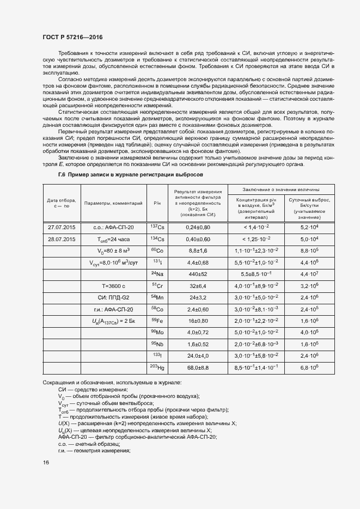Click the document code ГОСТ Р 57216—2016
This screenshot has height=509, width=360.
point(72,37)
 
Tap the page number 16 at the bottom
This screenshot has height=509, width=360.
point(46,462)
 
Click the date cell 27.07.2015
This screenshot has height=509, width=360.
point(62,227)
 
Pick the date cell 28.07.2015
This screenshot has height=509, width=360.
point(62,239)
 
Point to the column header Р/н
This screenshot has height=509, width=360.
point(157,203)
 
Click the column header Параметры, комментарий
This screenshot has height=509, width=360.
point(113,203)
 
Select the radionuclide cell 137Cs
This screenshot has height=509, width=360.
point(157,227)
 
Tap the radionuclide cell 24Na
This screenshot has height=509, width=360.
point(157,274)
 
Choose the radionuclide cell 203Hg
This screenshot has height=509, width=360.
point(157,368)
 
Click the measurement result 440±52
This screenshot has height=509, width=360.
point(198,274)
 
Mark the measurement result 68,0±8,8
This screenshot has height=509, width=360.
point(198,369)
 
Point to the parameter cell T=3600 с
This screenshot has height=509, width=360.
point(113,286)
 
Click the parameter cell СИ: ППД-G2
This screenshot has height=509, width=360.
point(113,298)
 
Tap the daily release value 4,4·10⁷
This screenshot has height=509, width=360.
point(309,274)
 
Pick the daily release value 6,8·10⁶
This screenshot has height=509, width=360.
point(309,369)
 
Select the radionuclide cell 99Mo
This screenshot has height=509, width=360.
point(157,333)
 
